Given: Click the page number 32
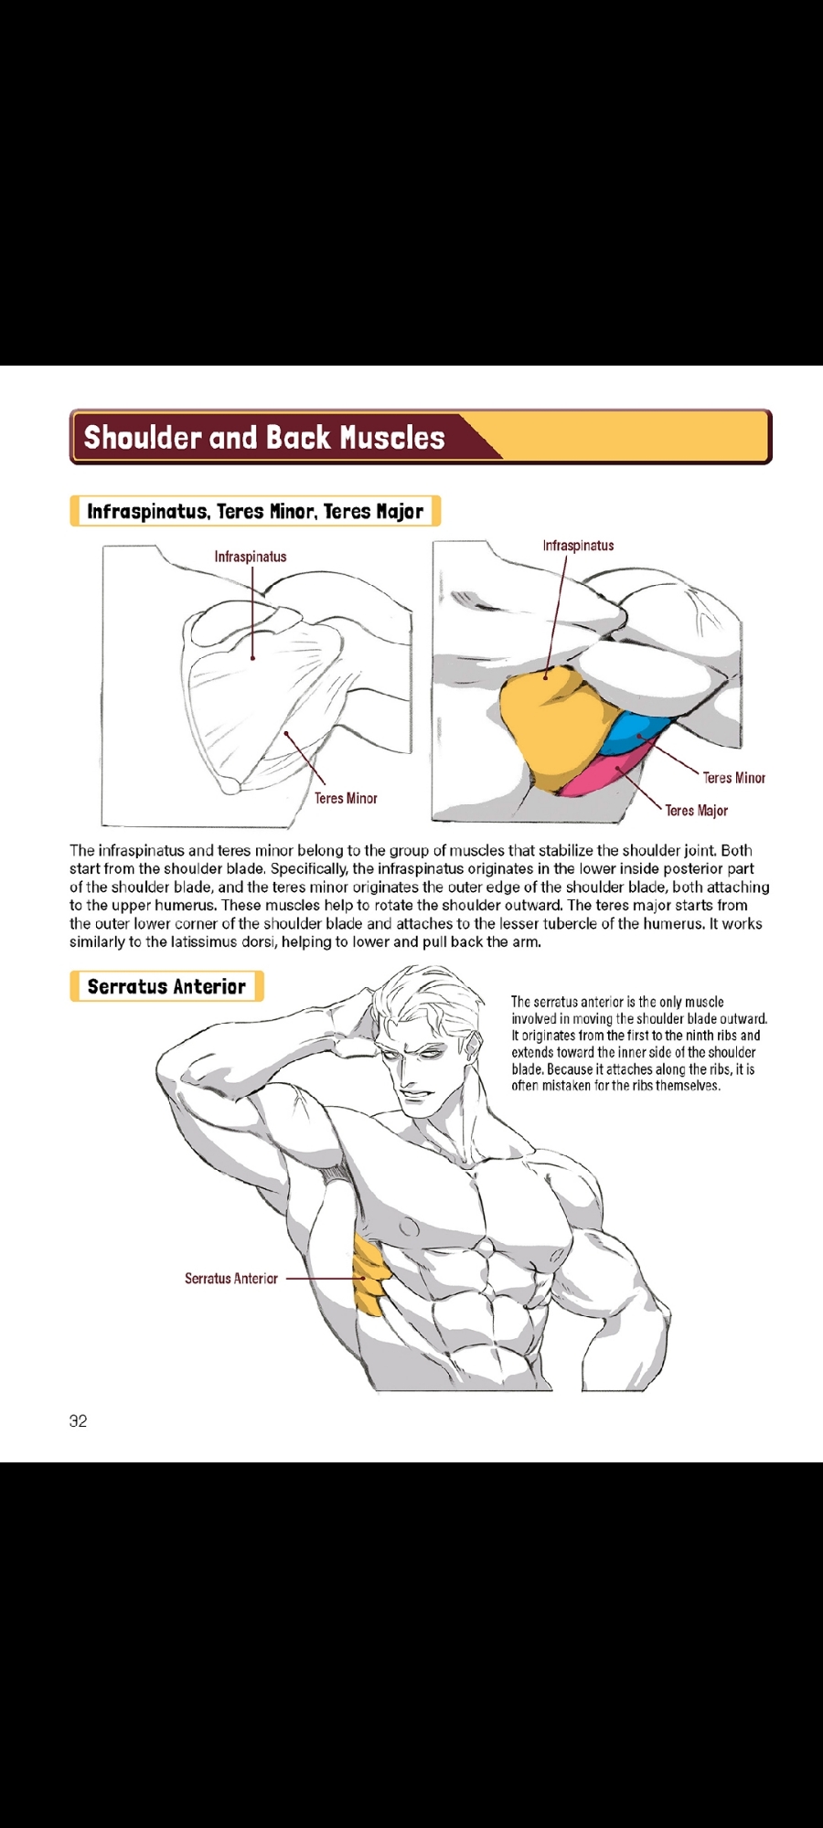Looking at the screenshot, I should point(79,1420).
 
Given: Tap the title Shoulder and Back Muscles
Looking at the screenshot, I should point(264,438).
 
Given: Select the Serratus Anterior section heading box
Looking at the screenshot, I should point(166,986).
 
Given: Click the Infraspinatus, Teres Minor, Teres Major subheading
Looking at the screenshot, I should point(255,511).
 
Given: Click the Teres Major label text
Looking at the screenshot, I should point(696,811).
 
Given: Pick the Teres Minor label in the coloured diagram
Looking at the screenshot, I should point(733,778).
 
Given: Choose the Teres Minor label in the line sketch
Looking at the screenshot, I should point(346,799).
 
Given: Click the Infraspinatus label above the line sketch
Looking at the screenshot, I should point(251,557).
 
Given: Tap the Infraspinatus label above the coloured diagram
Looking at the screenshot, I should point(578,546).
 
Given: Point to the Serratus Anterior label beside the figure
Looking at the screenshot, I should point(231,1279).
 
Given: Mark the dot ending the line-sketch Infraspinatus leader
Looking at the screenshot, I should point(253,657).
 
